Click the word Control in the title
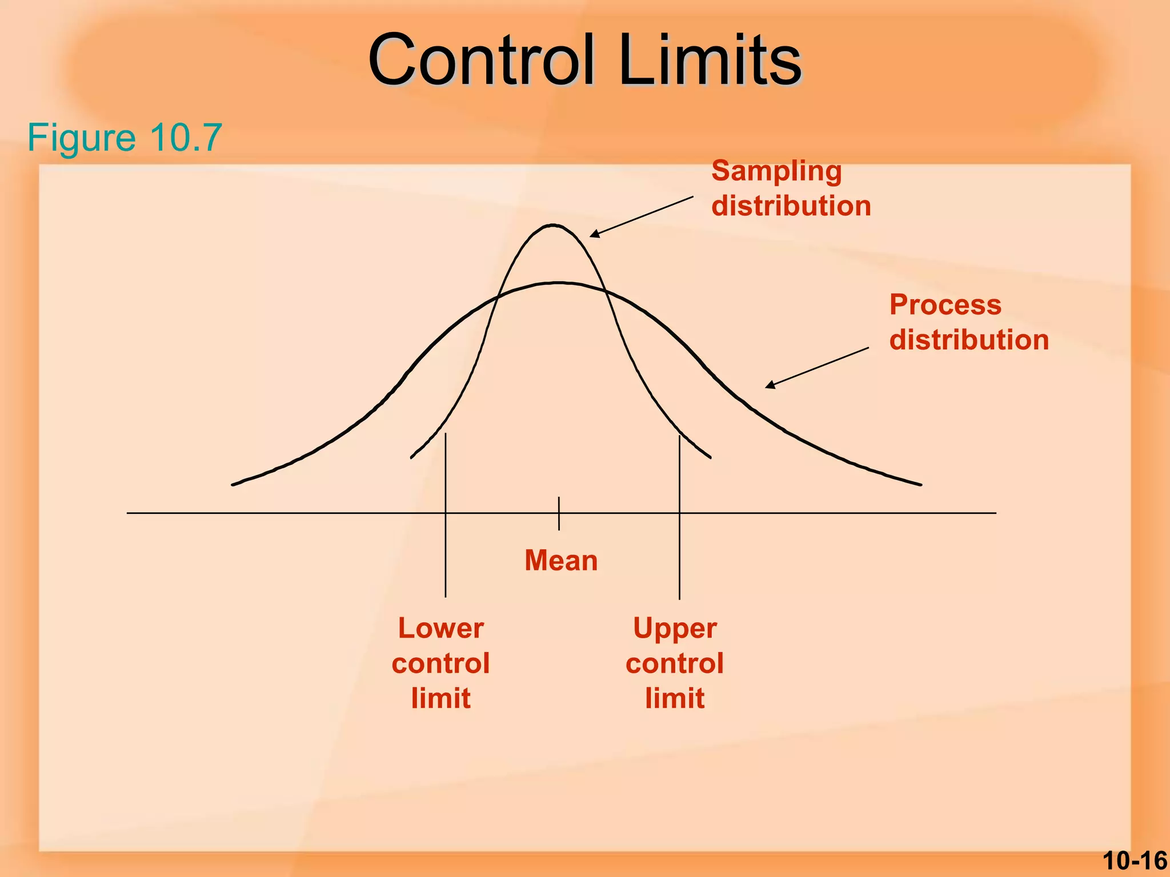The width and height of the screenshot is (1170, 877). (x=481, y=60)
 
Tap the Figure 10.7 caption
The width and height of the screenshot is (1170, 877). (x=125, y=138)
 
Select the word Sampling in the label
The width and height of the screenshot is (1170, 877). (x=776, y=171)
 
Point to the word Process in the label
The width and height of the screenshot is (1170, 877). (x=945, y=304)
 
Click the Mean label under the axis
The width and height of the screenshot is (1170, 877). (x=561, y=560)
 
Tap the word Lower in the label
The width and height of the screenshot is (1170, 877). (x=440, y=628)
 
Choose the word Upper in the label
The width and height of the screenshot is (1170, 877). (x=675, y=628)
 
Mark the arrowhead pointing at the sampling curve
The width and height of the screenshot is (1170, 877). (x=594, y=234)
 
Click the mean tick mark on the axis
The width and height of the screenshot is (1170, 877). (x=559, y=513)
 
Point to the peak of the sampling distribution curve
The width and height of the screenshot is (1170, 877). (x=553, y=226)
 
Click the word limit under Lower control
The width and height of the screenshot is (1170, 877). (x=440, y=698)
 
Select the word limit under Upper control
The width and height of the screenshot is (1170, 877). (x=675, y=698)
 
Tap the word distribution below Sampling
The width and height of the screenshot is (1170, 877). (x=791, y=206)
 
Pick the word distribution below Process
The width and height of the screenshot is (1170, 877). (x=969, y=340)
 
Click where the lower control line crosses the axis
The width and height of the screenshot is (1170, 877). (x=446, y=513)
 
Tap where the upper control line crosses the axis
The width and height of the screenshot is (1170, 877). (x=679, y=513)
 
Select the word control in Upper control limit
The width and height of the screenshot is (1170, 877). (x=675, y=663)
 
